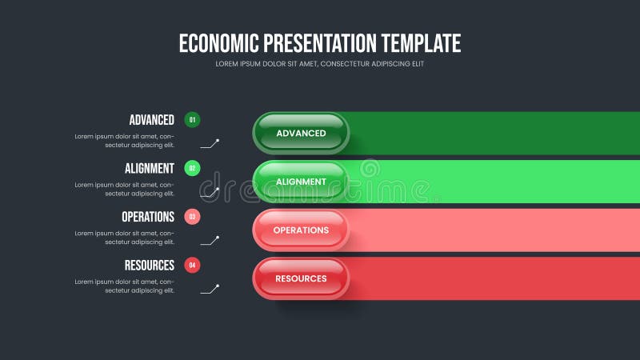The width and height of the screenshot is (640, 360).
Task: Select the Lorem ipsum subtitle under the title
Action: tap(320, 64)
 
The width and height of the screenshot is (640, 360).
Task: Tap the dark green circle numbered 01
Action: tap(192, 120)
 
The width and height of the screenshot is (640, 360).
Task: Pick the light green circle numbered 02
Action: tap(192, 168)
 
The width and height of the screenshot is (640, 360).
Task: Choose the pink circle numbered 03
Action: tap(192, 216)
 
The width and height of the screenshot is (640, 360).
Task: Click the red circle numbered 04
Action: tap(192, 265)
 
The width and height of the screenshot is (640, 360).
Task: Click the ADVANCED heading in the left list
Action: tap(151, 120)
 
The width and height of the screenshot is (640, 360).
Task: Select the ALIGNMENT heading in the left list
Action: tap(149, 168)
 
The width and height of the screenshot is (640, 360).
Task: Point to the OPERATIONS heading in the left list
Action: tap(147, 216)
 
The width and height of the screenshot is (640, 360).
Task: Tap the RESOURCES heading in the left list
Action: tap(149, 265)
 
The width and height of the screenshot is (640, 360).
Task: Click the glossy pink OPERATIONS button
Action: tap(301, 230)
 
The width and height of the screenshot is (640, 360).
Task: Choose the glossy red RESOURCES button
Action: tap(301, 278)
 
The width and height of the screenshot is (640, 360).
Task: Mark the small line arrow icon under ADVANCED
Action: tap(210, 144)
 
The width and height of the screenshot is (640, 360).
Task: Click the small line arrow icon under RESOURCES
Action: tap(210, 288)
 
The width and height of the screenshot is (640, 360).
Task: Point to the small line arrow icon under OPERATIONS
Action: tap(210, 240)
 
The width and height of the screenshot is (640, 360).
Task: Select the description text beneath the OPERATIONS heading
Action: tap(125, 237)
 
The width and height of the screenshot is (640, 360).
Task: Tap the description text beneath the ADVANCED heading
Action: tap(125, 141)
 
